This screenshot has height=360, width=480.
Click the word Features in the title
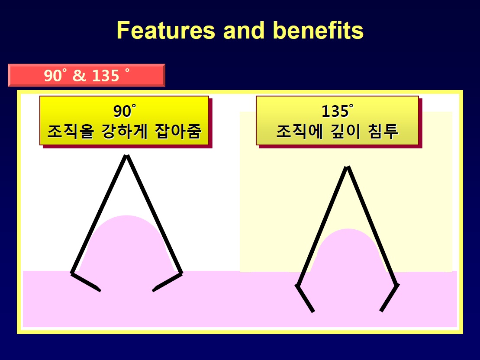(x=166, y=30)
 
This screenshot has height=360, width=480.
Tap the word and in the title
(x=244, y=30)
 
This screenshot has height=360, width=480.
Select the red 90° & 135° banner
(x=86, y=75)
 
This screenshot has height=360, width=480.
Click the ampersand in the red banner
(x=79, y=75)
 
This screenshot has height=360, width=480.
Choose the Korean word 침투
(x=383, y=131)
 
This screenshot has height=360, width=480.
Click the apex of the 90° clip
(x=126, y=156)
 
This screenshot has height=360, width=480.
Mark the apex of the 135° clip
(x=347, y=167)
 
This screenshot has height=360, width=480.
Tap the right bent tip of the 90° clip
(x=154, y=289)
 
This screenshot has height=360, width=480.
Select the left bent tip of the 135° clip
(x=313, y=312)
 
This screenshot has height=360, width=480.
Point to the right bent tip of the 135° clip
(x=381, y=311)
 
